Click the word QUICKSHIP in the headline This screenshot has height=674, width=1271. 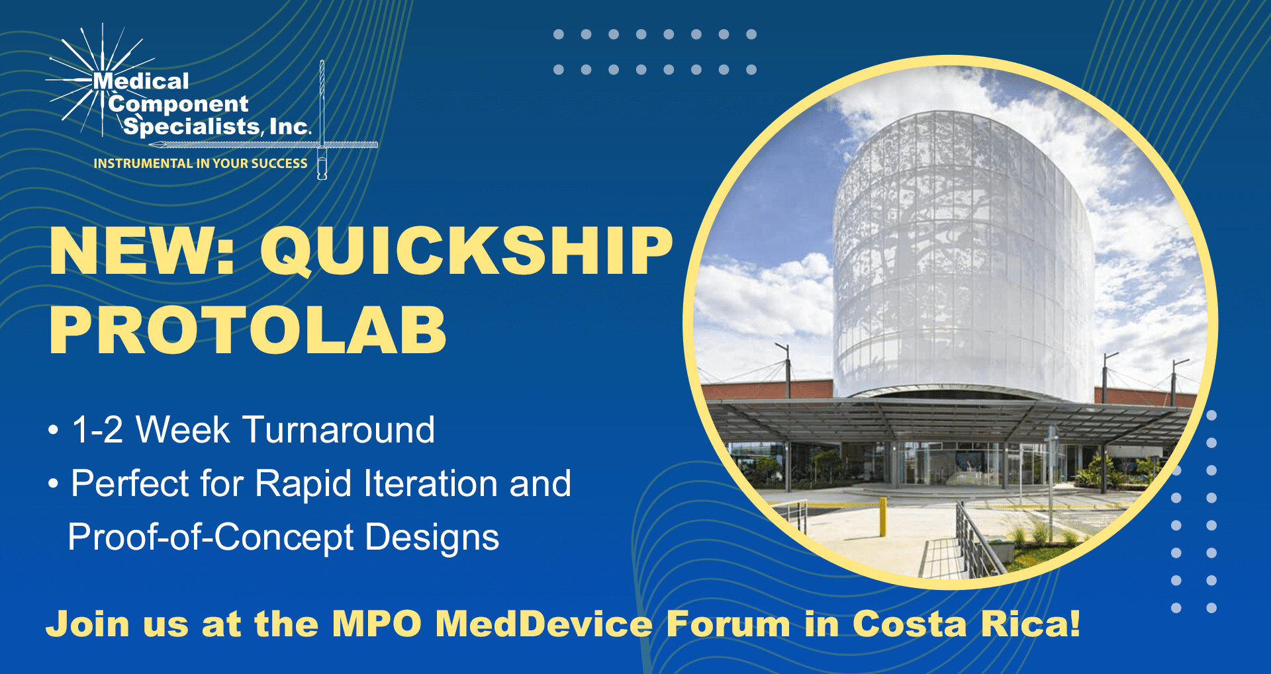467,251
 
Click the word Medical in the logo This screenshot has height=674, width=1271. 141,81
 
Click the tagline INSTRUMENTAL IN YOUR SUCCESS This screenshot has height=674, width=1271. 201,163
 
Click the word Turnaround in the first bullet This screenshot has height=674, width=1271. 340,430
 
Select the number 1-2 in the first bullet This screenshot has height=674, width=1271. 97,430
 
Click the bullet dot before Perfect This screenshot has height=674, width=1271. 54,484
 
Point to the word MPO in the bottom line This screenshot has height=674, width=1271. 377,624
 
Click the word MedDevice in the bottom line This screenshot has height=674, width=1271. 544,624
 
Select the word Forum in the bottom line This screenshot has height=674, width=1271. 728,624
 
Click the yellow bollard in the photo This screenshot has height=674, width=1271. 882,517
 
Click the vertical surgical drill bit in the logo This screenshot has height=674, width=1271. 322,119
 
